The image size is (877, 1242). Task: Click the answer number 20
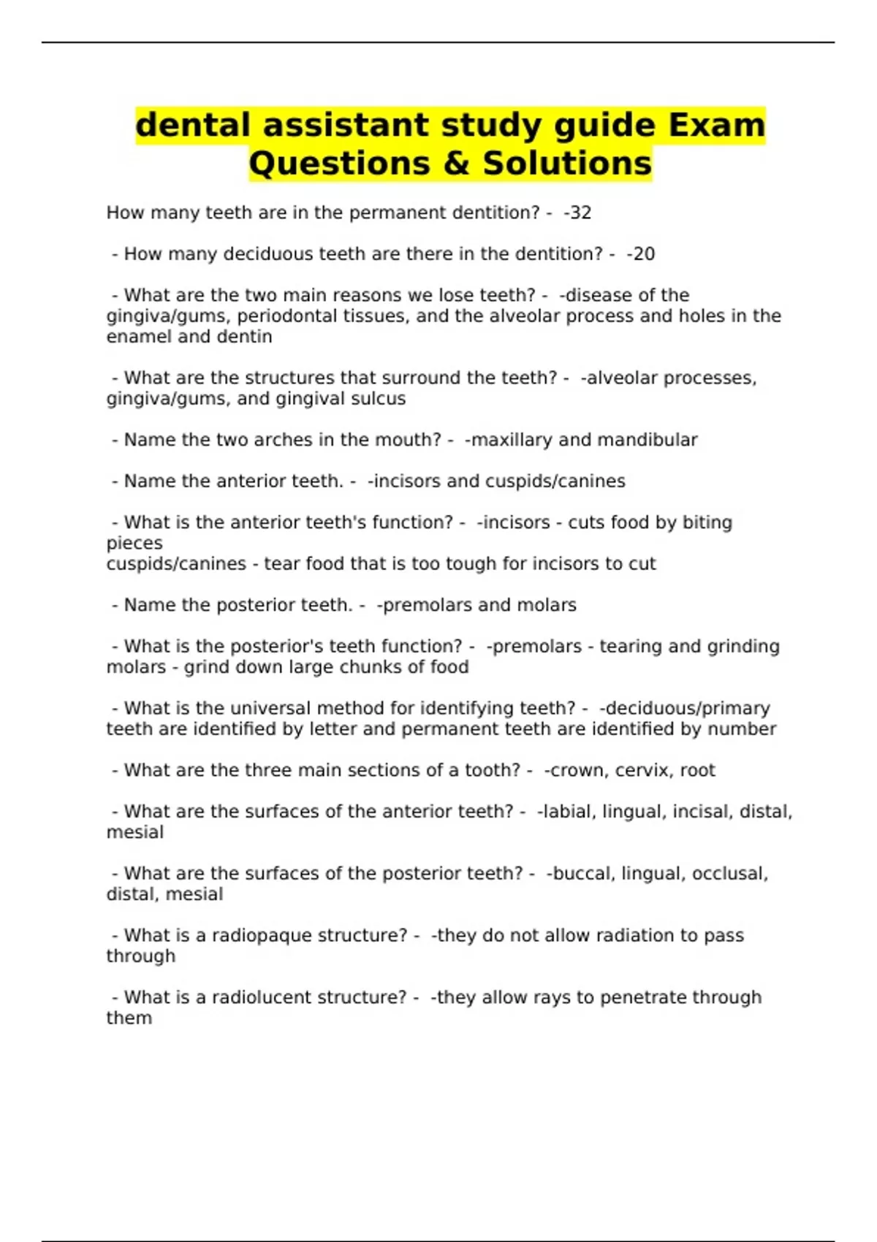[x=644, y=254]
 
